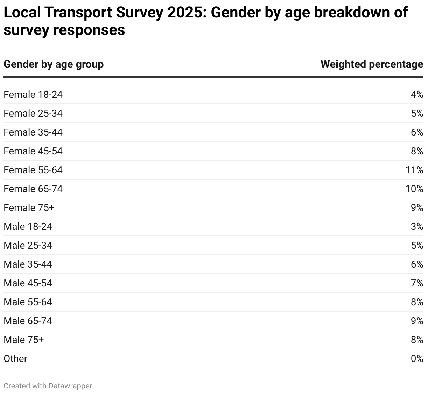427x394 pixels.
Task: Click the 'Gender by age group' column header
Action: click(54, 65)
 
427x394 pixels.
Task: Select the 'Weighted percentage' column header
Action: click(372, 65)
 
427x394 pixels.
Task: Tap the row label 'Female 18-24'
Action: click(33, 95)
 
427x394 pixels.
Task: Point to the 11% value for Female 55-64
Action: click(414, 170)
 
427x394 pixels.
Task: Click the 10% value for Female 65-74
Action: click(414, 189)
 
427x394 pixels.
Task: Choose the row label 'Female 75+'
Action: click(29, 208)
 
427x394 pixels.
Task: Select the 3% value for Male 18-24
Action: click(417, 227)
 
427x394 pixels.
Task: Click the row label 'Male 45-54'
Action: click(28, 283)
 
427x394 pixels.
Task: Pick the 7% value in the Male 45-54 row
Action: click(417, 283)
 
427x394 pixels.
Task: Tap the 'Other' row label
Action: click(15, 359)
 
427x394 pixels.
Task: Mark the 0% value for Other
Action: click(417, 359)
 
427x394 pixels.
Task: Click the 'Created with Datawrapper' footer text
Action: click(48, 386)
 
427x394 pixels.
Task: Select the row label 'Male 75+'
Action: click(24, 340)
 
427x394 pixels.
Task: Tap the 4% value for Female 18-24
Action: click(417, 95)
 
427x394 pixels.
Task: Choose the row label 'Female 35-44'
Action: click(33, 132)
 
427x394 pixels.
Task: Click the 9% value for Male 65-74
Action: click(417, 321)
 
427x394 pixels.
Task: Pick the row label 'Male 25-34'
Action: click(28, 246)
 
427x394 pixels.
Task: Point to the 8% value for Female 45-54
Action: click(417, 151)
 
